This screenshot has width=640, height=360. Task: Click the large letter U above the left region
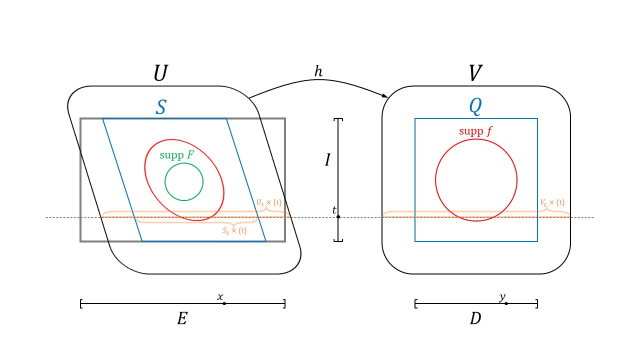[x=160, y=73]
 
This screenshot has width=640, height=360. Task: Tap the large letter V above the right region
[x=475, y=73]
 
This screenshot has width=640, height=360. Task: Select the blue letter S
[x=160, y=107]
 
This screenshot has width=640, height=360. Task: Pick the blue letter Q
[x=475, y=106]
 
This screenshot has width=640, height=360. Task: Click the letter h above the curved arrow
[x=318, y=71]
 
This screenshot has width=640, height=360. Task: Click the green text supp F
[x=176, y=155]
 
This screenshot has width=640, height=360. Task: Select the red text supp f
[x=475, y=131]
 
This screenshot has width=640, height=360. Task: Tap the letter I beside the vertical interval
[x=327, y=160]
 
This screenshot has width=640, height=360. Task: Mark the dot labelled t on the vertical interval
[x=338, y=216]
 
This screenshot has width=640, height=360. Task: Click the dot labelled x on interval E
[x=224, y=303]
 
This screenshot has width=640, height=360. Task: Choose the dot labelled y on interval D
[x=506, y=303]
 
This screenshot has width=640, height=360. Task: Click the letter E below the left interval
[x=182, y=319]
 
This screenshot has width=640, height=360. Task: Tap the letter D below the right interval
[x=475, y=319]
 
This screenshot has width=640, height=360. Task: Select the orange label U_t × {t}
[x=269, y=203]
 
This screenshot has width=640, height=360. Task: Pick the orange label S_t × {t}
[x=234, y=231]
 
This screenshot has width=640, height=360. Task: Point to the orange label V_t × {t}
[x=552, y=202]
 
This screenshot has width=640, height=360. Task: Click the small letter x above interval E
[x=220, y=297]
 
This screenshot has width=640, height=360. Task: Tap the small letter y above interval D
[x=502, y=297]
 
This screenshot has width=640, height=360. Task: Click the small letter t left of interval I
[x=334, y=210]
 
